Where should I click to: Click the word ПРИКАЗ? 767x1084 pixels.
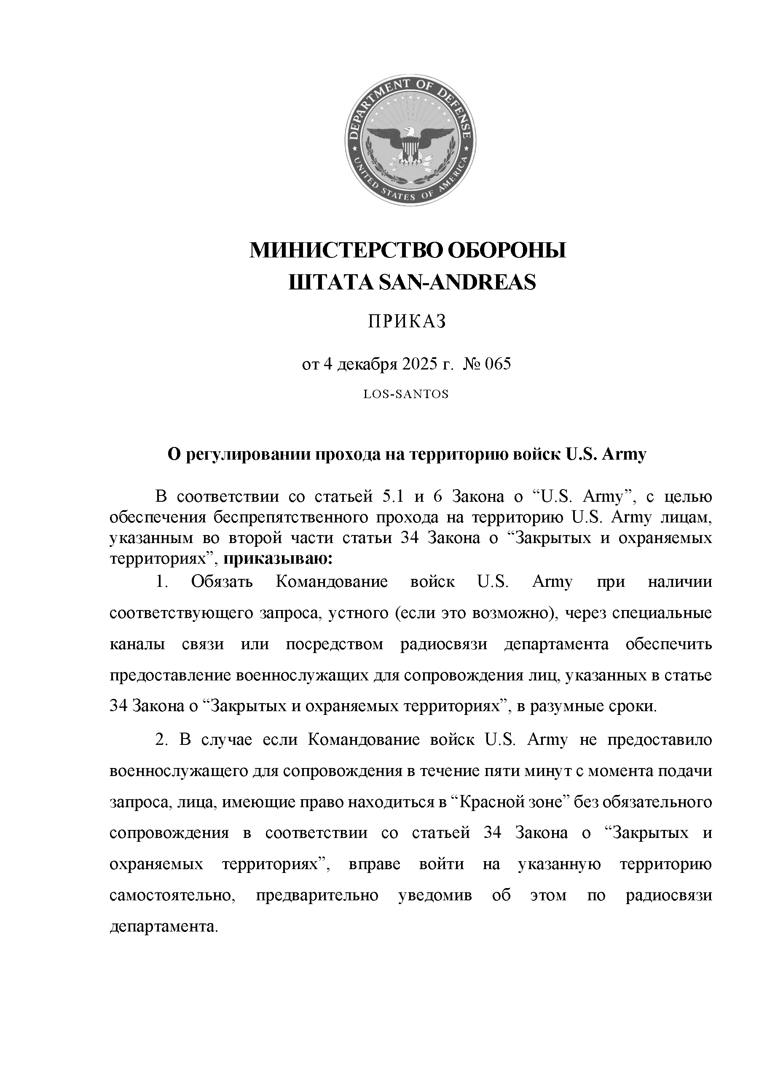408,322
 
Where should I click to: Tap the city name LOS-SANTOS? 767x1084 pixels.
406,394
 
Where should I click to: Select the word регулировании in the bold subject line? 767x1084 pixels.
246,454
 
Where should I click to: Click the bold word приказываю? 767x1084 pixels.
278,559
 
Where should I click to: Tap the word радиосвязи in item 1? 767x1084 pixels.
443,644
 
